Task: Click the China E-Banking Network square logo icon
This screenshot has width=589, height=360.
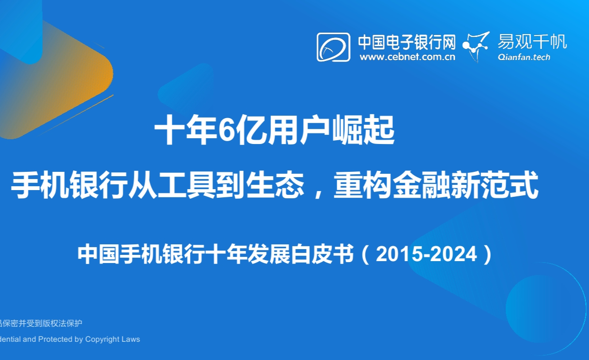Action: click(x=333, y=47)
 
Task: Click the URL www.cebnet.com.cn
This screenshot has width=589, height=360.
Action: click(x=407, y=57)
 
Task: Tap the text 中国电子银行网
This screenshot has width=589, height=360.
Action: click(x=407, y=42)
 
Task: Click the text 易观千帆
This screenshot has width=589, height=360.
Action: click(x=532, y=42)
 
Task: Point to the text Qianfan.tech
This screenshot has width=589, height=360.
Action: click(x=524, y=57)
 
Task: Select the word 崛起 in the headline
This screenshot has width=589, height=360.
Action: click(x=364, y=130)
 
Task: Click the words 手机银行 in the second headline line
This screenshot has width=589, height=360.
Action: click(x=70, y=185)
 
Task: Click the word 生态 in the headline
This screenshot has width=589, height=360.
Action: click(x=275, y=185)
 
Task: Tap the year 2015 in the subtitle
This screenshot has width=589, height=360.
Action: click(x=399, y=254)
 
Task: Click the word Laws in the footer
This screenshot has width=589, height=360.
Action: click(x=131, y=339)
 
